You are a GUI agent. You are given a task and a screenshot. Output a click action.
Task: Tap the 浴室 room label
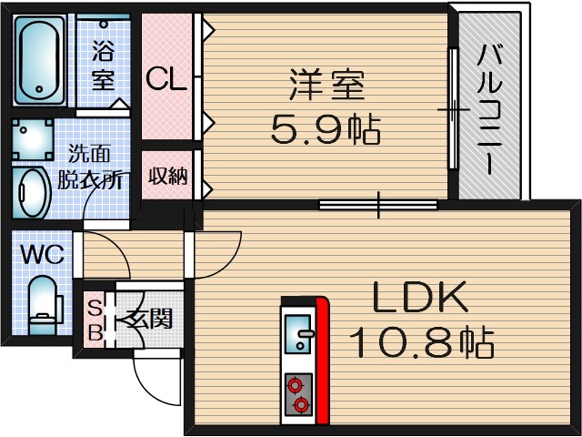102,62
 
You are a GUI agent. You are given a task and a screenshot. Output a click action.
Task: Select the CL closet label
166,79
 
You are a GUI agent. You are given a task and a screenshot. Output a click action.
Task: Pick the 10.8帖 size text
421,342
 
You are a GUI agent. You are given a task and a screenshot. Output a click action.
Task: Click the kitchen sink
299,331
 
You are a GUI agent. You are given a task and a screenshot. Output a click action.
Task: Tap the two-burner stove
298,394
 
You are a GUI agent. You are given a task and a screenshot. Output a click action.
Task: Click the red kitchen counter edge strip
321,361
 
